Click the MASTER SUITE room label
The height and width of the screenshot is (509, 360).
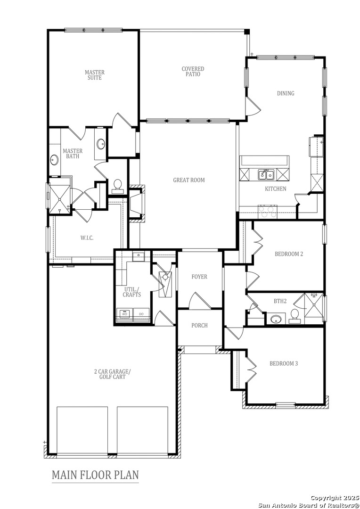pyautogui.click(x=94, y=75)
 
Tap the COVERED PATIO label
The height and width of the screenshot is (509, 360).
pyautogui.click(x=193, y=72)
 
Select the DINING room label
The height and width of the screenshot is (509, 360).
pyautogui.click(x=285, y=93)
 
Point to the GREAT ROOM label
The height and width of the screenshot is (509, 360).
pyautogui.click(x=188, y=180)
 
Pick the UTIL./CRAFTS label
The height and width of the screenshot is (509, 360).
pyautogui.click(x=131, y=292)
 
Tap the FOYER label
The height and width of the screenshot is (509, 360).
pyautogui.click(x=199, y=277)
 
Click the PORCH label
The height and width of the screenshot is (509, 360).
pyautogui.click(x=199, y=325)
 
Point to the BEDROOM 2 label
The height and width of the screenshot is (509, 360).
pyautogui.click(x=288, y=254)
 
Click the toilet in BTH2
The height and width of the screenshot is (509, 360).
pyautogui.click(x=295, y=315)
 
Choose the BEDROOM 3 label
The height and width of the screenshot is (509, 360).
pyautogui.click(x=283, y=363)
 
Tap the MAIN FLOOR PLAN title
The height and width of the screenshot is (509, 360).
pyautogui.click(x=95, y=474)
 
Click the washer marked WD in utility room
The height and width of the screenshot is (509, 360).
pyautogui.click(x=125, y=314)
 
